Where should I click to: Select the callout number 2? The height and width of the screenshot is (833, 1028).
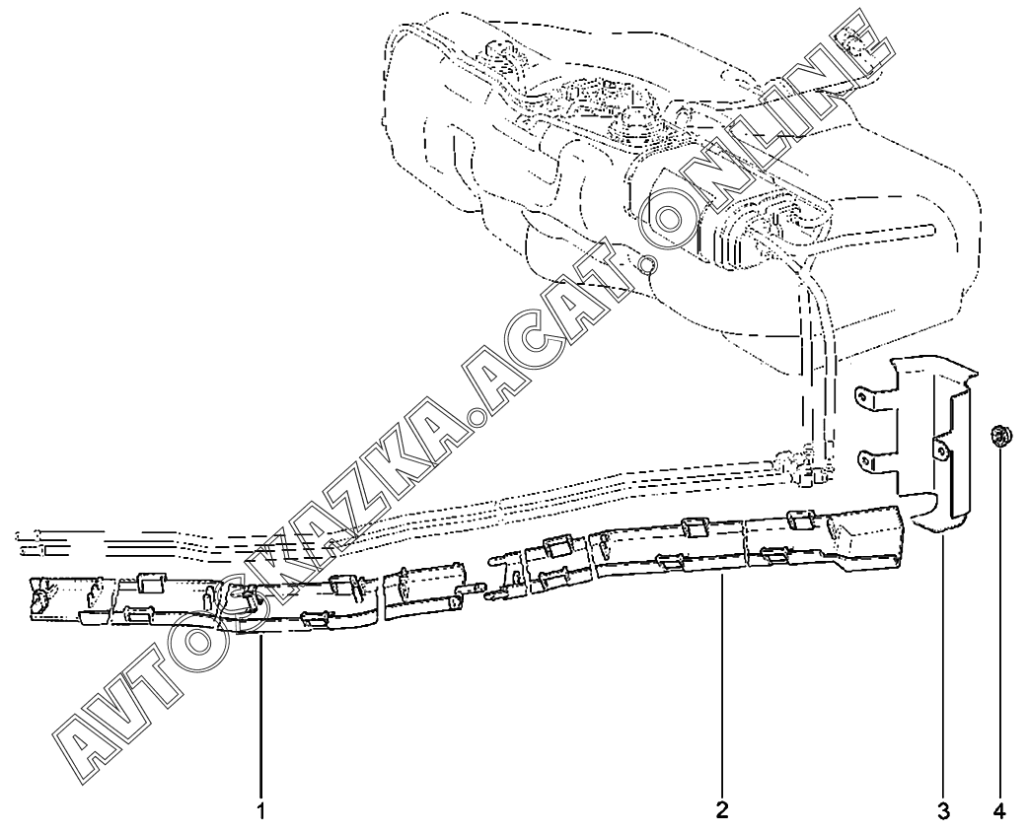point(722,811)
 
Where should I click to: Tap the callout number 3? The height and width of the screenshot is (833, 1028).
point(943,811)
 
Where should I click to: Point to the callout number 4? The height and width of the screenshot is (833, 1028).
point(1000,811)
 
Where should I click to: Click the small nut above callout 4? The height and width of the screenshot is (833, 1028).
point(999,435)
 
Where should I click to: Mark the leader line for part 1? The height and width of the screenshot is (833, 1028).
point(261,720)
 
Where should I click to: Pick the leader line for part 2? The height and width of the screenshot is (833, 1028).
point(722,690)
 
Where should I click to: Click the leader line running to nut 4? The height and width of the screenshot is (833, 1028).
point(999,631)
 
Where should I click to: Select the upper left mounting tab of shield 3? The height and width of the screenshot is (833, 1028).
point(865,396)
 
